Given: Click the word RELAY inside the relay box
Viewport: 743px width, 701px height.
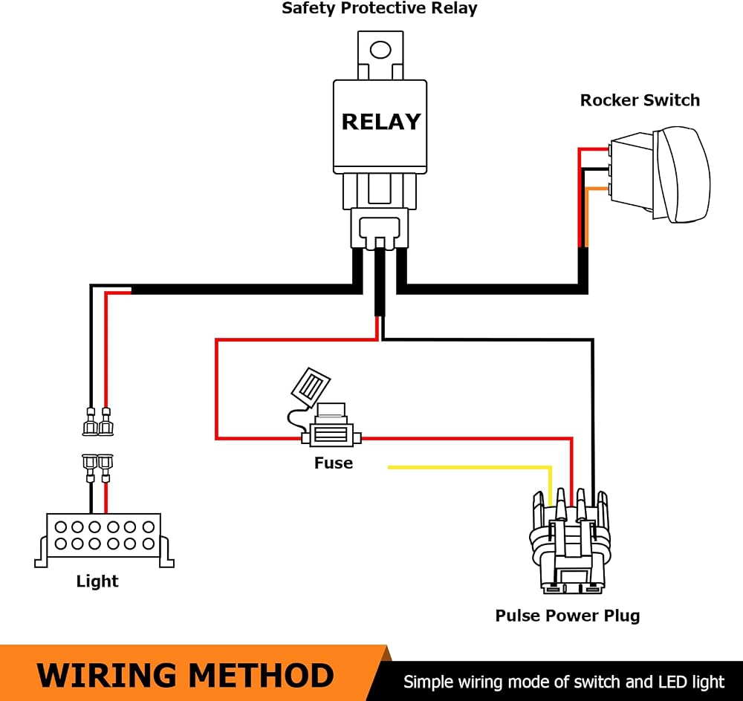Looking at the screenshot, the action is [x=381, y=122].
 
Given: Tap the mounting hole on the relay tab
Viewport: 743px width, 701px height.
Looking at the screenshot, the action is [x=380, y=49].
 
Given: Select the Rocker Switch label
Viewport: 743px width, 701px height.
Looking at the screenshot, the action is [x=640, y=100].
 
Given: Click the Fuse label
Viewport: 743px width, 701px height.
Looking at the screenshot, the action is [x=334, y=463].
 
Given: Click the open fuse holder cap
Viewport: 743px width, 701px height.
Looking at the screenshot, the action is [x=311, y=388].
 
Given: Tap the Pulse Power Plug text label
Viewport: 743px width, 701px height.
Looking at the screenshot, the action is [x=567, y=616].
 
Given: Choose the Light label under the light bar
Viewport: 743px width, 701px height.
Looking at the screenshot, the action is [x=97, y=581].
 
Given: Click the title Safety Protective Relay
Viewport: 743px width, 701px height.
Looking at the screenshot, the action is [x=379, y=8].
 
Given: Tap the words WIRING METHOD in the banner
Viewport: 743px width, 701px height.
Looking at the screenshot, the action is [x=185, y=676].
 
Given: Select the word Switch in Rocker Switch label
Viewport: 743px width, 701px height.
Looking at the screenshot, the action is [x=672, y=100].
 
